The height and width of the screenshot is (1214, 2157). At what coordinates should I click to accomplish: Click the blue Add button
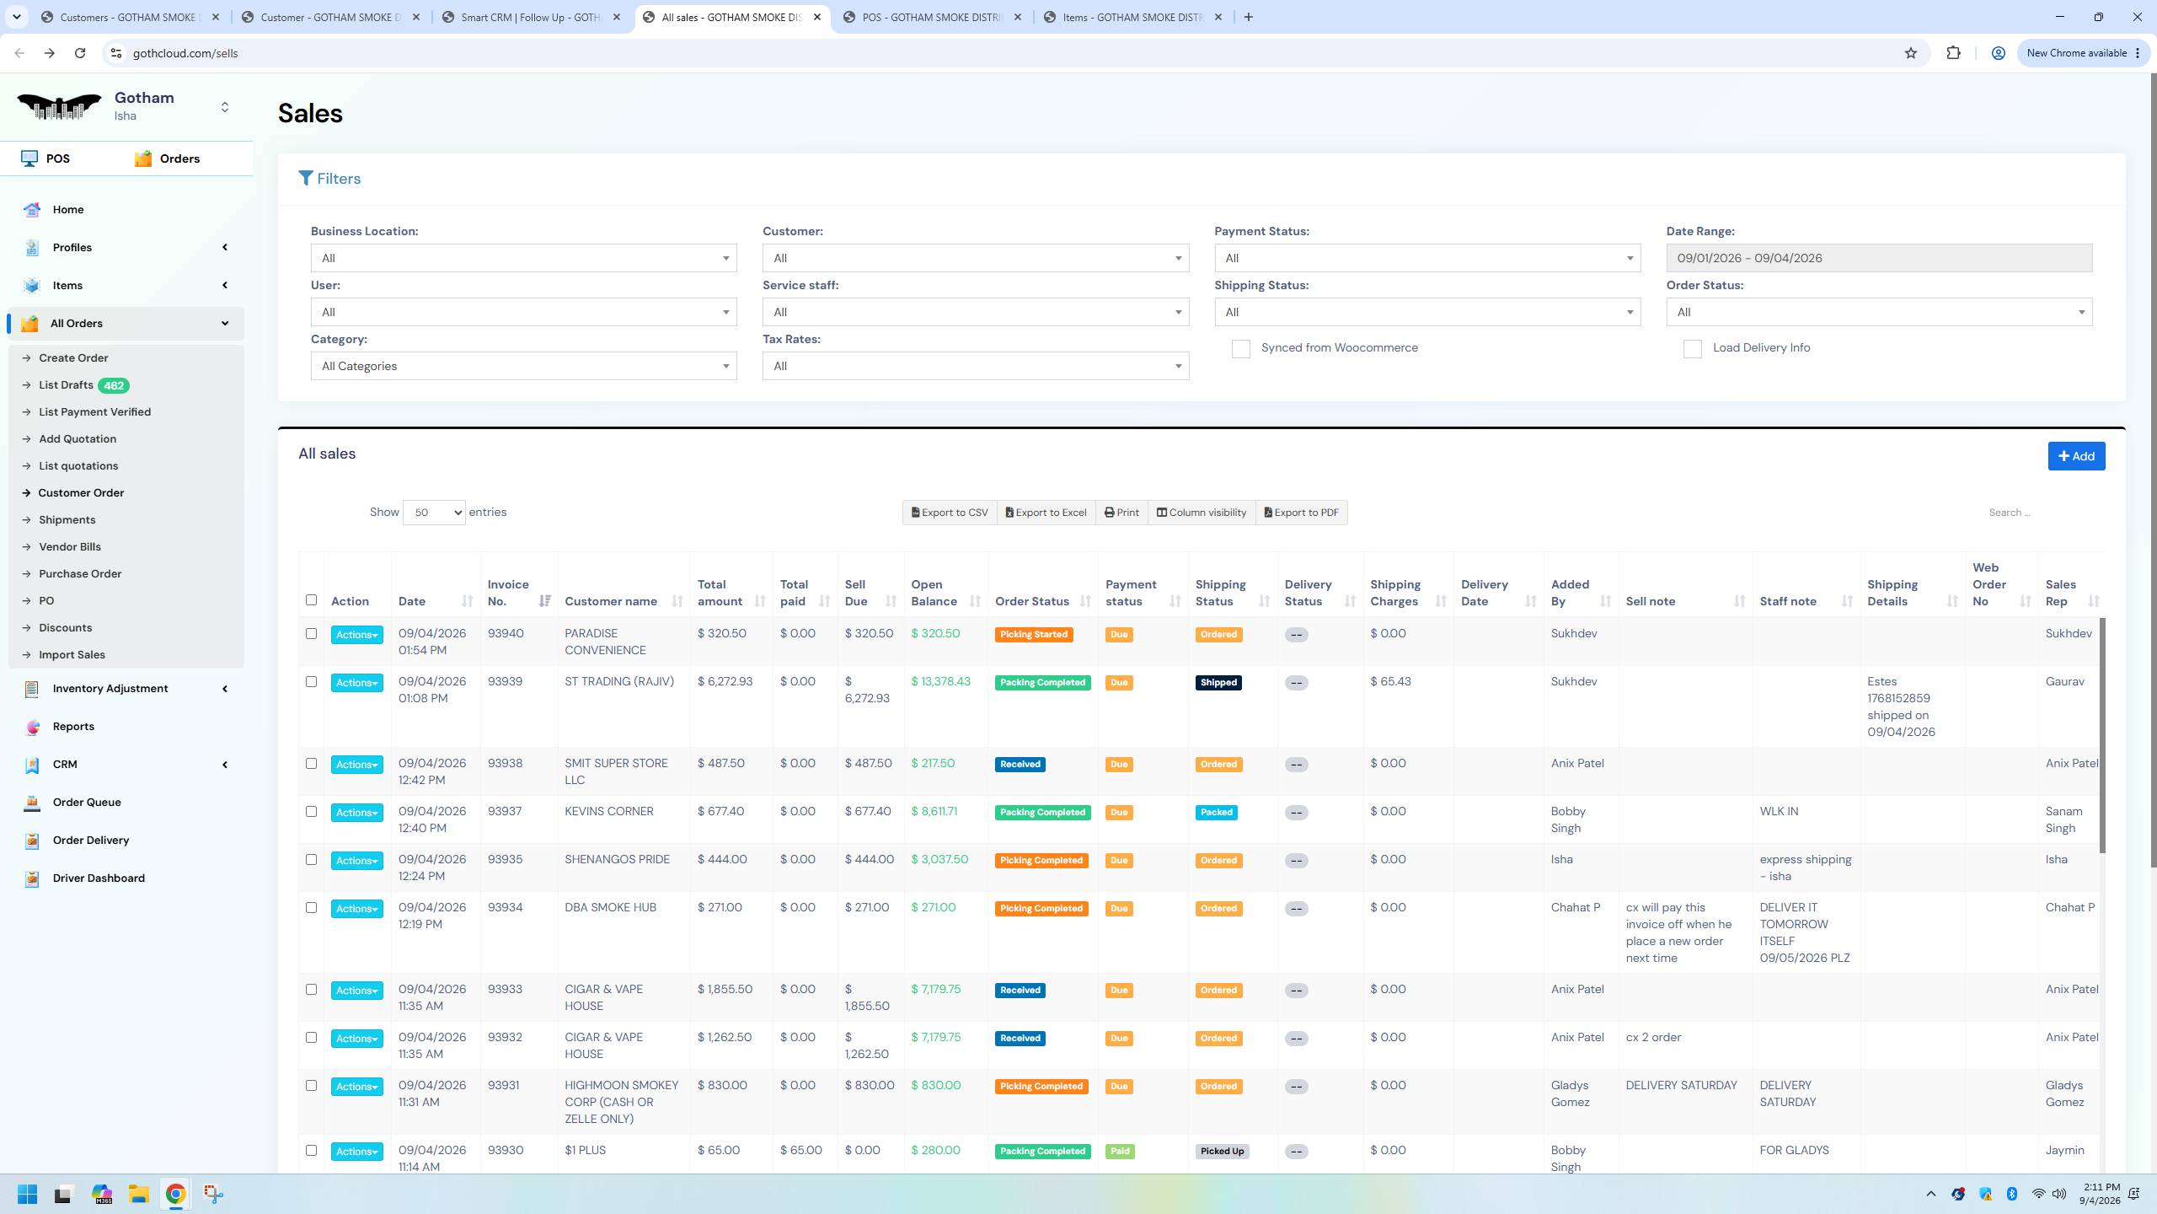(2076, 456)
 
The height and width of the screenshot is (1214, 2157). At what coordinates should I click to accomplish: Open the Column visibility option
(1202, 513)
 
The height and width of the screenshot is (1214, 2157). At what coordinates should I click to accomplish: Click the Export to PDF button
(1301, 513)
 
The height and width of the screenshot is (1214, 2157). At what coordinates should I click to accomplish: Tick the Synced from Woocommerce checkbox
(1240, 349)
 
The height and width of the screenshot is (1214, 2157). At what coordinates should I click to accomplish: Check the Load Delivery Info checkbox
(1692, 349)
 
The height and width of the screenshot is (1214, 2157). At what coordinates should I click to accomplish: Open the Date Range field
(1879, 258)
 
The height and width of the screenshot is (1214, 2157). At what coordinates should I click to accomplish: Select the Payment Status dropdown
(1427, 258)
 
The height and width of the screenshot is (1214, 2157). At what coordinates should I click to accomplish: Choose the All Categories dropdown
(523, 366)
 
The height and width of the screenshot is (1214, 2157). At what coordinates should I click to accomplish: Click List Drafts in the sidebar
(66, 385)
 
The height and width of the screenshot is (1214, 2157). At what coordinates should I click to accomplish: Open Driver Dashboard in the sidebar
(99, 878)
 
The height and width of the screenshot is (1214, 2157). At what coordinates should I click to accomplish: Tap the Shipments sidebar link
(67, 520)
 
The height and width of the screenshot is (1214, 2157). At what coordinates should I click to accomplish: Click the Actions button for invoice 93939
(356, 683)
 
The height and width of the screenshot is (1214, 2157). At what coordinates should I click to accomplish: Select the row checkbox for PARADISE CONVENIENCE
(311, 634)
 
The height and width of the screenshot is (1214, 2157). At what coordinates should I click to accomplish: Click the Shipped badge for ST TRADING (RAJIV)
(1218, 683)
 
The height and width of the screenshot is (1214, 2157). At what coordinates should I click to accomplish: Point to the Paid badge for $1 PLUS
(1119, 1152)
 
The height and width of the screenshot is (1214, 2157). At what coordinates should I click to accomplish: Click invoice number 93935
(505, 860)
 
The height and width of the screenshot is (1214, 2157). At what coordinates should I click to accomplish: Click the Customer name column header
(611, 602)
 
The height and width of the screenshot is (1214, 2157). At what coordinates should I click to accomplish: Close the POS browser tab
(1017, 17)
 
